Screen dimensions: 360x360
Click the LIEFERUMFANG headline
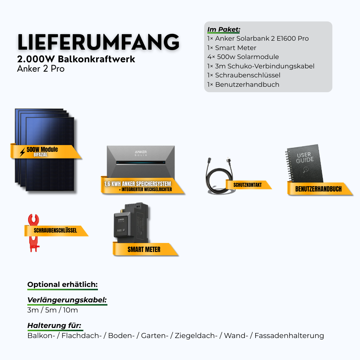click(98, 42)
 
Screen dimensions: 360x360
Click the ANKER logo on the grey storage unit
click(140, 153)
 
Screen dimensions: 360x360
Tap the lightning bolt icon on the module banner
click(22, 152)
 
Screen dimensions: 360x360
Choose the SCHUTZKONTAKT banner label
click(247, 185)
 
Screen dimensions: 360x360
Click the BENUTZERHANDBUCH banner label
click(318, 189)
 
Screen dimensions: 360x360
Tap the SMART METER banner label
click(144, 249)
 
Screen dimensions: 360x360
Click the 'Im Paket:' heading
click(224, 29)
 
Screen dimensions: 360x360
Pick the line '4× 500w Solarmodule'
click(243, 57)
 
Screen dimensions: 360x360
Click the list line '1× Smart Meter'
click(232, 48)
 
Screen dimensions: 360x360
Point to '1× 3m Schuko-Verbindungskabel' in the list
click(261, 66)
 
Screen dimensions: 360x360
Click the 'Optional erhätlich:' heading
click(62, 284)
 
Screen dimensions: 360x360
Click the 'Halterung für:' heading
click(54, 325)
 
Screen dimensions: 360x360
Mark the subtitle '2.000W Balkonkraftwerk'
click(76, 59)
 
